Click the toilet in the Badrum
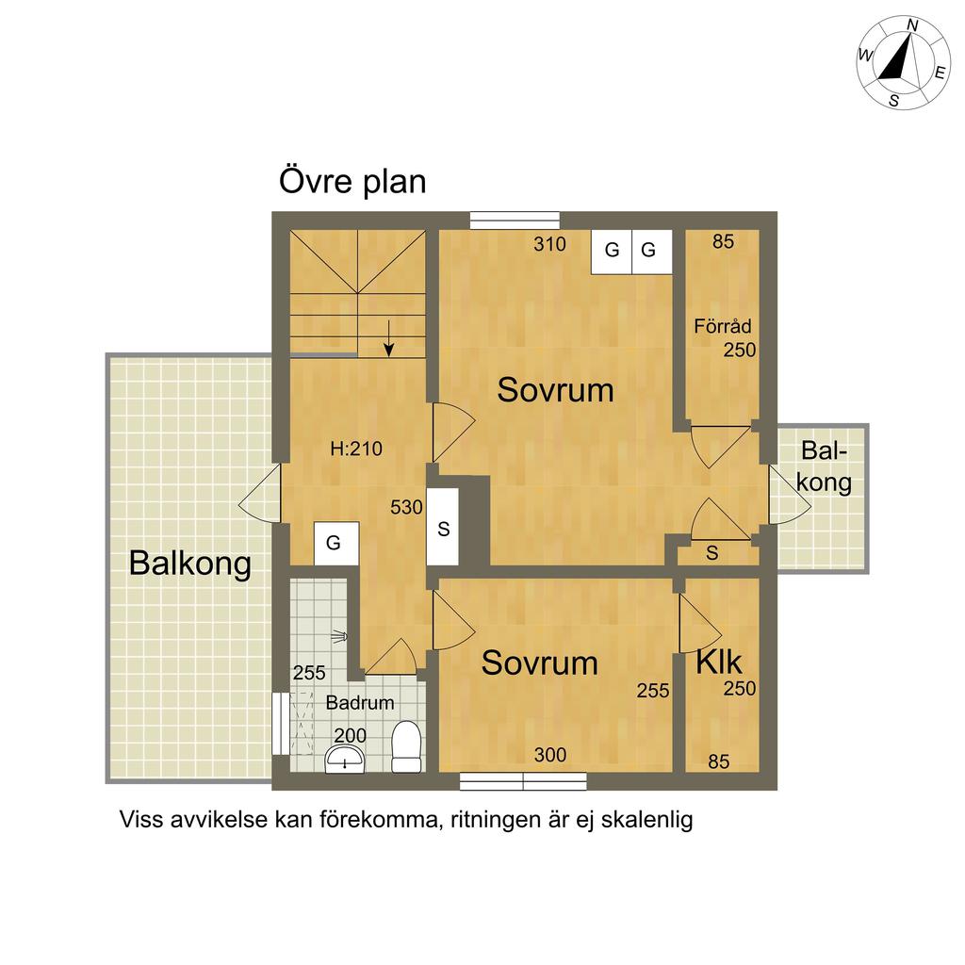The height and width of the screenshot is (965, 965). coord(406,746)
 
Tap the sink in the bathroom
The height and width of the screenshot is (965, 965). coord(345,760)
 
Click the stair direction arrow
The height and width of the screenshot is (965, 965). coord(388,338)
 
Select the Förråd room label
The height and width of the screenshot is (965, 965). coord(723,325)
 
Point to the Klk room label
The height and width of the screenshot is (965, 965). coord(719,662)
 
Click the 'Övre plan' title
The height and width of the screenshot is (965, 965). coord(352,181)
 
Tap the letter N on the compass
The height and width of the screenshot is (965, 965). coord(912,25)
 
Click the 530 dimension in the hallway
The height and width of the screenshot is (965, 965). coord(406,507)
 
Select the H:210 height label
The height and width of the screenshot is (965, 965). coord(356,448)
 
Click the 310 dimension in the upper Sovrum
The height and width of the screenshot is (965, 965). coord(549,244)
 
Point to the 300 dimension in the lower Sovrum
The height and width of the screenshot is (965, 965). coord(549,755)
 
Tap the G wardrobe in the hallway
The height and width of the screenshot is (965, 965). coord(336,544)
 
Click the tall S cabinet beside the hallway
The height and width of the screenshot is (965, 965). coord(443,528)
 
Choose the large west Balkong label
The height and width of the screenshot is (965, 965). coord(190,564)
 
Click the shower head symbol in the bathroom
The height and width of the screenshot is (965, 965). coord(339,637)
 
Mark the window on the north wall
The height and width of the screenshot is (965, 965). coord(515,221)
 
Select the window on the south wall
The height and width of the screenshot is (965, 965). coord(523,781)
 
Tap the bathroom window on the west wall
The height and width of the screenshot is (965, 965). coord(281,724)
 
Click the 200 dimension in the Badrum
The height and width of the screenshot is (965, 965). coord(351,735)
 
